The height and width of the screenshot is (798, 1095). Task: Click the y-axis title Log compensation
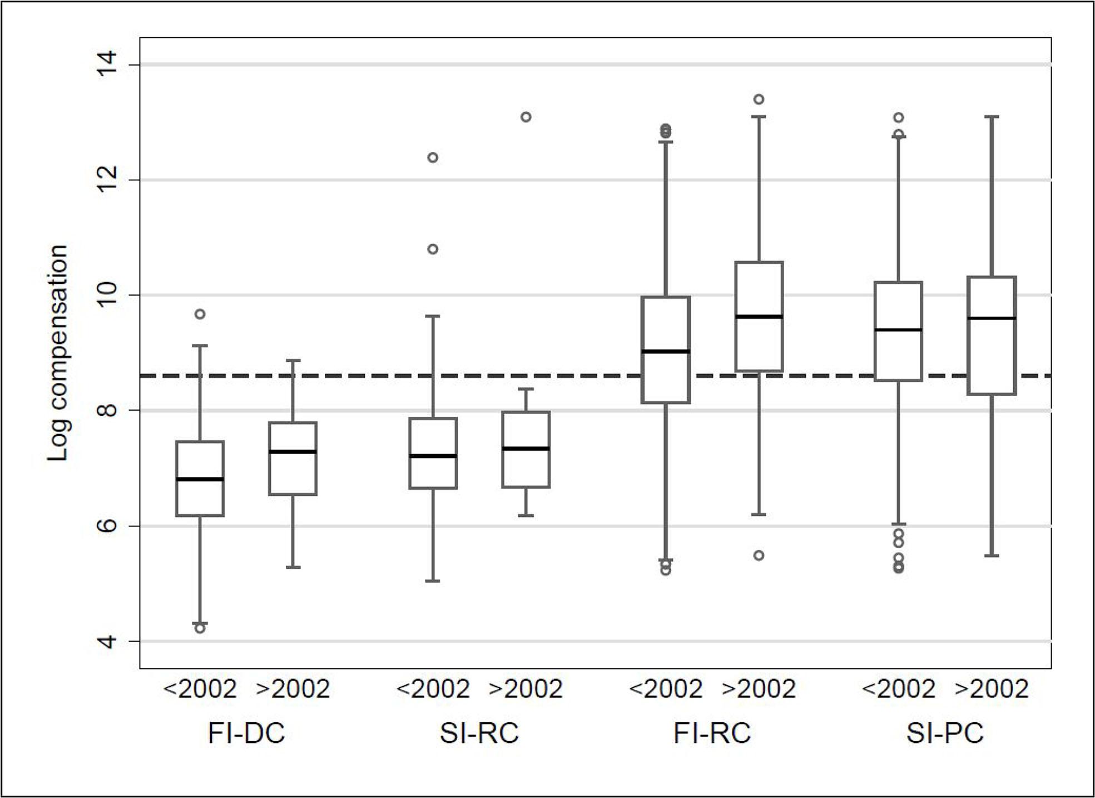(x=58, y=353)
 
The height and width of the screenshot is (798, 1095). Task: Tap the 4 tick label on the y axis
(x=107, y=641)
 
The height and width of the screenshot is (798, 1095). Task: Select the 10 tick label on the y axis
(x=107, y=295)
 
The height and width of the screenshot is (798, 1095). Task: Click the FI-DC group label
(x=246, y=733)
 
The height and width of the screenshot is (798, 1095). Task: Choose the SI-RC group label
(x=479, y=733)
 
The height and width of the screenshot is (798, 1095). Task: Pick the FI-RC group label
(x=712, y=733)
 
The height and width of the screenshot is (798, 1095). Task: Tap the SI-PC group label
(x=945, y=733)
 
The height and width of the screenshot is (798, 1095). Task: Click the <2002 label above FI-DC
(x=200, y=689)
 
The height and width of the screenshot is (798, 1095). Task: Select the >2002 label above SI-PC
(x=992, y=689)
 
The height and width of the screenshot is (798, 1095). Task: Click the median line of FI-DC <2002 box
(x=200, y=479)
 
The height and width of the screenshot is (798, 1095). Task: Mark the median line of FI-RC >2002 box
(x=759, y=316)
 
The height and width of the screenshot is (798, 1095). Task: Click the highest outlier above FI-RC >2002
(x=759, y=99)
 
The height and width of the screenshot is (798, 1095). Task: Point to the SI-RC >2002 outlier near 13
(x=526, y=117)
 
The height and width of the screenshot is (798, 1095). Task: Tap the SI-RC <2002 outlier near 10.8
(x=433, y=249)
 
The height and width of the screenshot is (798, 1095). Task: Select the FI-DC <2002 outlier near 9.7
(x=200, y=314)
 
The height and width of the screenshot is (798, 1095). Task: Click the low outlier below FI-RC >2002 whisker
(x=759, y=555)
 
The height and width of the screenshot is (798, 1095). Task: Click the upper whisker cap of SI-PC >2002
(x=992, y=117)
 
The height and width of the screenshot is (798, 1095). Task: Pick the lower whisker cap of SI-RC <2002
(x=433, y=581)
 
